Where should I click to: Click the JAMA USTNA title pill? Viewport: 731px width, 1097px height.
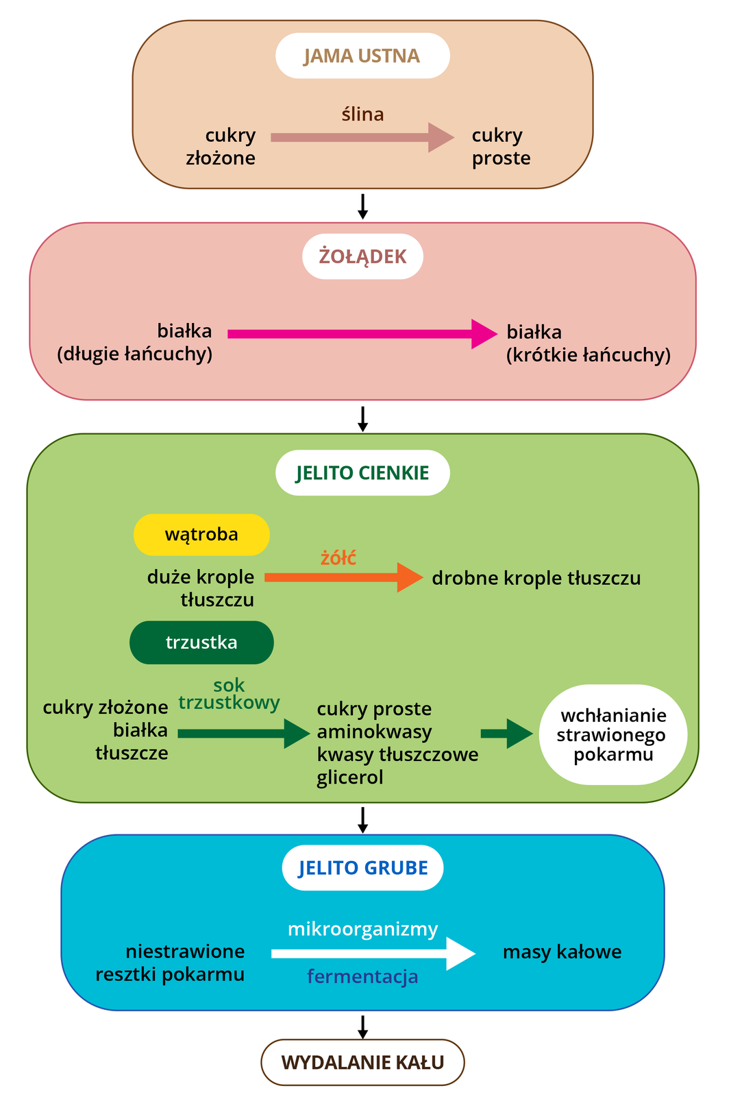click(x=362, y=56)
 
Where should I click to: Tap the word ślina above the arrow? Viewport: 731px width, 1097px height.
click(x=362, y=114)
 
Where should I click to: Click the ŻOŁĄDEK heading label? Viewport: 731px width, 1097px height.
click(x=362, y=256)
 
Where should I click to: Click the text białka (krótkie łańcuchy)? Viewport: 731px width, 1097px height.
click(x=588, y=343)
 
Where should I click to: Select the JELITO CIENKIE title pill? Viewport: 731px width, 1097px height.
click(x=362, y=473)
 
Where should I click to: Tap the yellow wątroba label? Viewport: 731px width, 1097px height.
click(x=201, y=534)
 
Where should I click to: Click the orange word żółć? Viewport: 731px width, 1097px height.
click(x=338, y=557)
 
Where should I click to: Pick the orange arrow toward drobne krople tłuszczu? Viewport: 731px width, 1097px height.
click(x=343, y=577)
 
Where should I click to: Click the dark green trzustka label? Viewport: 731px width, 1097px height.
click(x=201, y=642)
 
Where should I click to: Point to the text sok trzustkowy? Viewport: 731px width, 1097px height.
click(x=229, y=694)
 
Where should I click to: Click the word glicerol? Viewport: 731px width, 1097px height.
click(x=349, y=777)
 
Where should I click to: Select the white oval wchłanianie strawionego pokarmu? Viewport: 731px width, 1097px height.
click(x=612, y=734)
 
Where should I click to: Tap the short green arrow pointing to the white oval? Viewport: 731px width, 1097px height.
click(x=506, y=734)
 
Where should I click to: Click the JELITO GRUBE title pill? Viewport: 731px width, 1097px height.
click(x=362, y=868)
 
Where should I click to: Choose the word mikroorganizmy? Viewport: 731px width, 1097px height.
click(x=362, y=929)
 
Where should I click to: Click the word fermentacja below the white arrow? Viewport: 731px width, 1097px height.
click(x=362, y=976)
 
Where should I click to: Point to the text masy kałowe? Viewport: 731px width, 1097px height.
click(x=562, y=952)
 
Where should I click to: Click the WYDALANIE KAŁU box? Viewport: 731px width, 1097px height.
click(x=362, y=1062)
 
